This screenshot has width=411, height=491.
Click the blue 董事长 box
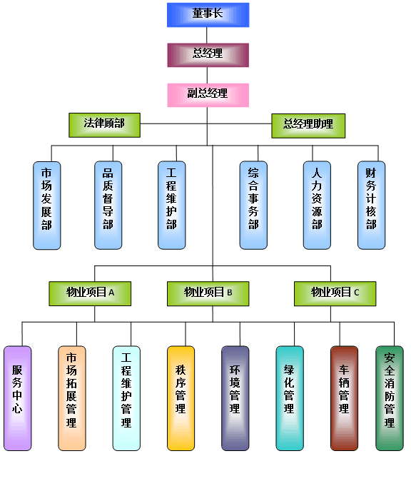click(208, 15)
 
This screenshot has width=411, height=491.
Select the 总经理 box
click(208, 55)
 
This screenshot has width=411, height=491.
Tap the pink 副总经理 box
click(208, 95)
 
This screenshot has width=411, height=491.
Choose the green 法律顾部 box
click(105, 125)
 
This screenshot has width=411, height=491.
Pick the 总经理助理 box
click(308, 126)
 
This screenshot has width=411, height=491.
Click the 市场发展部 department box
click(47, 206)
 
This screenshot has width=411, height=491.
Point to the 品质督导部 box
click(108, 206)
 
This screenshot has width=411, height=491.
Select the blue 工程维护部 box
click(171, 206)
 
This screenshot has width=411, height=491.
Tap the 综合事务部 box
click(253, 206)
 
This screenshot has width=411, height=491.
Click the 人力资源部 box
click(317, 206)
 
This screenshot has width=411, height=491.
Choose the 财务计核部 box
click(371, 206)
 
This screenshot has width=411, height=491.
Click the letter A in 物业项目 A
click(111, 293)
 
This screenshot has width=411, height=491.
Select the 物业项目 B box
click(208, 293)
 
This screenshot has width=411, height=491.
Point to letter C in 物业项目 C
click(357, 293)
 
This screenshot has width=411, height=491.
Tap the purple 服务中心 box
click(18, 398)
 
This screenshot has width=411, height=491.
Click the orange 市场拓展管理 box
click(72, 398)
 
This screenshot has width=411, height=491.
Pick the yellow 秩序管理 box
click(181, 398)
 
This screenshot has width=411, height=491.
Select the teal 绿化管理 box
click(290, 398)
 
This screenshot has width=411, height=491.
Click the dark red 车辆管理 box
click(345, 398)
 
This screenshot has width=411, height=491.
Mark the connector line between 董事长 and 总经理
click(207, 35)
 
